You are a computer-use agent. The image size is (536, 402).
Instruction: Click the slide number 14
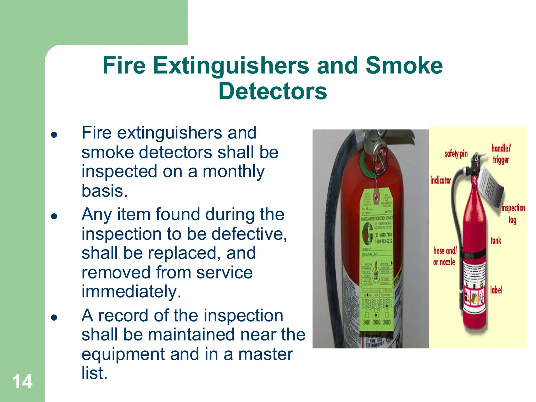coord(23,382)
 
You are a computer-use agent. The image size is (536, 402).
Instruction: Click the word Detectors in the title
coord(272,91)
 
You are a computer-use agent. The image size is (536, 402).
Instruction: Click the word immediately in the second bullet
coord(131,292)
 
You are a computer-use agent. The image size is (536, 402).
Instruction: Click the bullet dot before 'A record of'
coord(54,317)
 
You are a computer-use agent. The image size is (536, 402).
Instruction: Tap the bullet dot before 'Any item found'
coord(54,216)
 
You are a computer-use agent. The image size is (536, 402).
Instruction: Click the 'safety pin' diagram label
coord(456,154)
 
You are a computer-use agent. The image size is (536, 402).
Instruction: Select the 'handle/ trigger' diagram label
coord(501,154)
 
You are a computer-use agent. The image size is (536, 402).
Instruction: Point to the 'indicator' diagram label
coord(441,180)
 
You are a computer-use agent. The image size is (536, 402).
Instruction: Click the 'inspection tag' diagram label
coord(513,214)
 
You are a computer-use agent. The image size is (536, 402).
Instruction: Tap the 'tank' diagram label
coord(496,240)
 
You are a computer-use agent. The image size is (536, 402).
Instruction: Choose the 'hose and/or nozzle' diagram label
coord(445,256)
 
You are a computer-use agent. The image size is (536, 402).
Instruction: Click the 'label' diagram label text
coord(496,290)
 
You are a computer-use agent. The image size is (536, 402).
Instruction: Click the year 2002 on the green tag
coord(377,322)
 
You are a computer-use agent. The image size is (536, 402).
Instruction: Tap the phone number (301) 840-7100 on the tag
coord(383,235)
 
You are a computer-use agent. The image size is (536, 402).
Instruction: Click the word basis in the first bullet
coord(104,191)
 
